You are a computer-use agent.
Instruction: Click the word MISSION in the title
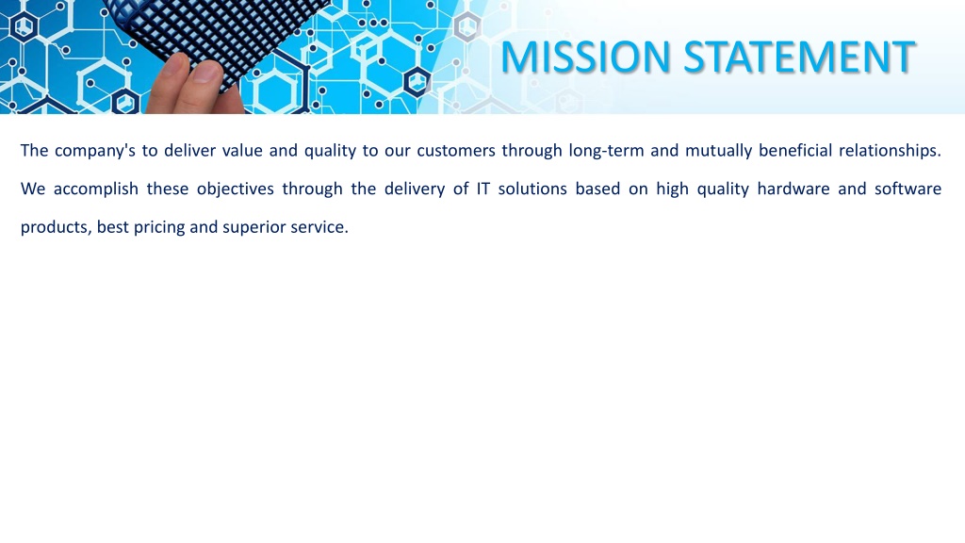(x=585, y=57)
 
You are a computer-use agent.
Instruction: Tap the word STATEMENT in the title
(x=799, y=57)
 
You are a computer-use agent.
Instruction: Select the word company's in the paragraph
(x=95, y=151)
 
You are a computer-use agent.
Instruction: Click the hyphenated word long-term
(x=606, y=151)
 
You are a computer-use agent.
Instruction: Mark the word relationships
(x=890, y=151)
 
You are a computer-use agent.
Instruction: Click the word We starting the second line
(x=33, y=189)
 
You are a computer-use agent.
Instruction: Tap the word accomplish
(x=96, y=189)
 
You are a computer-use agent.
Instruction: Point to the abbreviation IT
(x=483, y=189)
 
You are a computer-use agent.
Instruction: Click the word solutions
(x=532, y=189)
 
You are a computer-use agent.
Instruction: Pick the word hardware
(x=793, y=189)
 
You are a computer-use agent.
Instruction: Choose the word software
(x=908, y=189)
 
